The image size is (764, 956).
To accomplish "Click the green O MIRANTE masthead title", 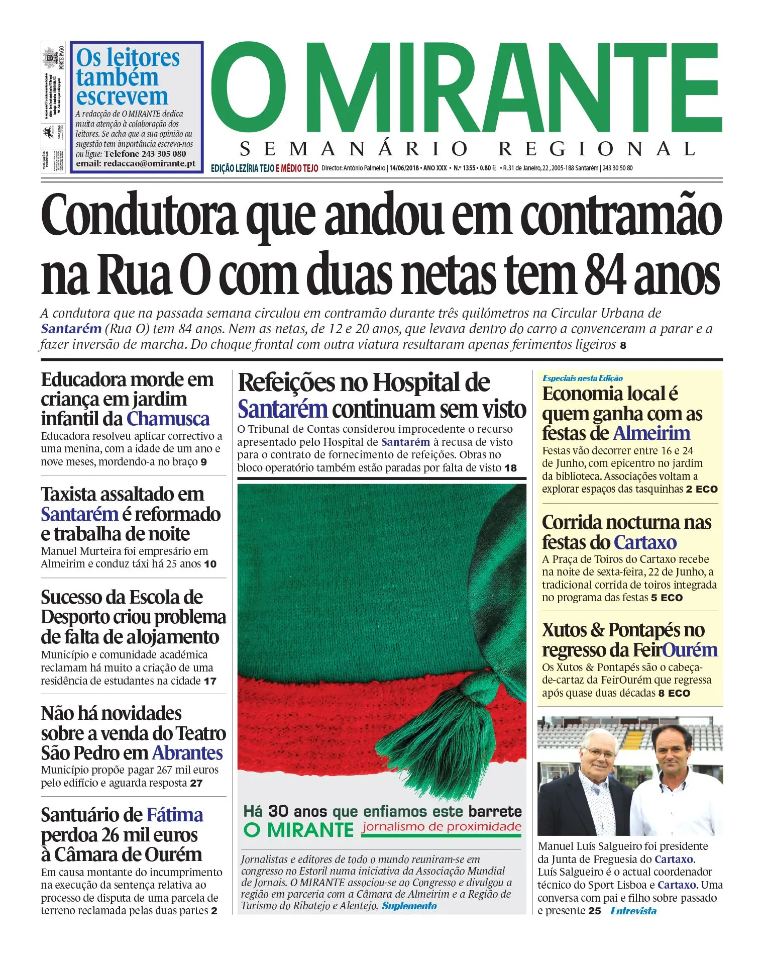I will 466,88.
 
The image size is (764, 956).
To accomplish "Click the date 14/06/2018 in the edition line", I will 404,168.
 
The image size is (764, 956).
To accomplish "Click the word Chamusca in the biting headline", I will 168,419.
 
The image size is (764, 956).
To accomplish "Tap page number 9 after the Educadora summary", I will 203,462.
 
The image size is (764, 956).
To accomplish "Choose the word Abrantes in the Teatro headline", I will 187,753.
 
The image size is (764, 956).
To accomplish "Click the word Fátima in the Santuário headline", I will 175,815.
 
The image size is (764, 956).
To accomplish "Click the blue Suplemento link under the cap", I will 409,906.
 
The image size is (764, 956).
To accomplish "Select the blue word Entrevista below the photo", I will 633,911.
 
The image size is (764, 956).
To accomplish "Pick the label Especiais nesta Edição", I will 583,378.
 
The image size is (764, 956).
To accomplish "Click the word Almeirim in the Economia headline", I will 651,433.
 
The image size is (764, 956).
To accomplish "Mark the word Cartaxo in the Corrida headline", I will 645,543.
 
